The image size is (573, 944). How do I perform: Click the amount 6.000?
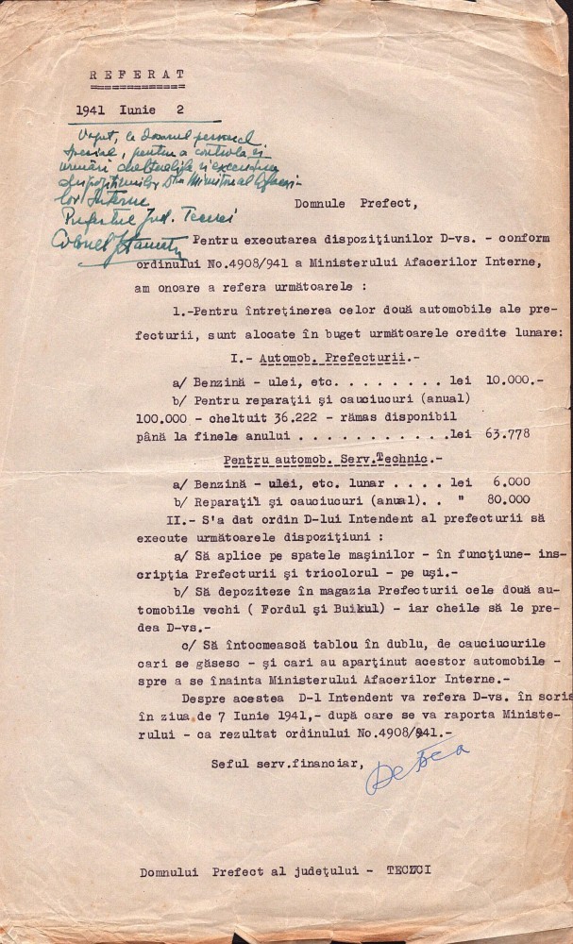[510, 481]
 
